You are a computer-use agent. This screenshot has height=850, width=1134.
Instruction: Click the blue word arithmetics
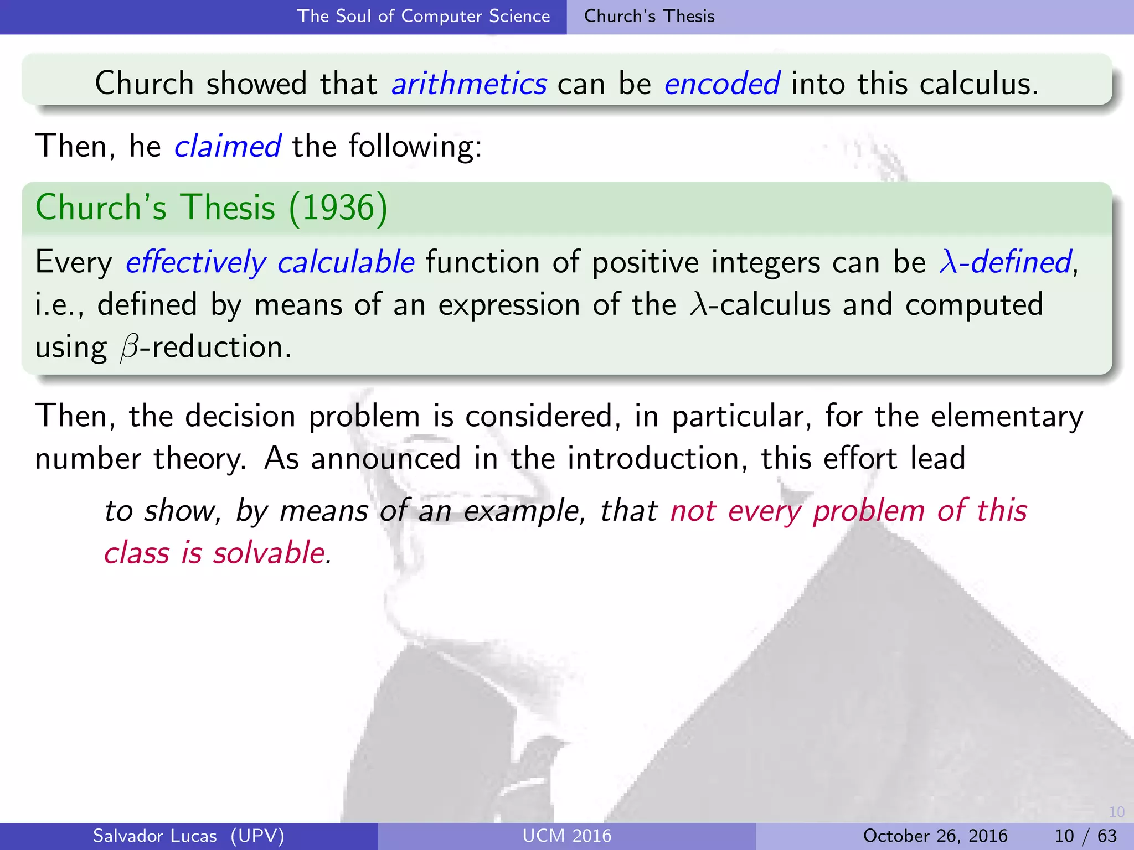coord(469,84)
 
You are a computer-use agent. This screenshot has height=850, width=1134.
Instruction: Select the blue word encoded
coord(722,84)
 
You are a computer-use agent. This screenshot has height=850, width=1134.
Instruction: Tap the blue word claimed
coord(228,147)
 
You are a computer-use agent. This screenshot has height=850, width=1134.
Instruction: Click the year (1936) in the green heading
coord(338,208)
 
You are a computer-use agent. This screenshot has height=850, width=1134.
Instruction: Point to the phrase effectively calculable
coord(270,262)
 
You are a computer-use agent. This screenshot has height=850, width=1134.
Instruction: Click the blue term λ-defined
coord(1005,262)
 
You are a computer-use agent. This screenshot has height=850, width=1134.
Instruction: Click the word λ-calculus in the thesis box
coord(760,305)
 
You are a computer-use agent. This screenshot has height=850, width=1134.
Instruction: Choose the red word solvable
coord(272,553)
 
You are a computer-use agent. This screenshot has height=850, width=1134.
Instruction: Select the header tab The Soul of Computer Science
coord(424,17)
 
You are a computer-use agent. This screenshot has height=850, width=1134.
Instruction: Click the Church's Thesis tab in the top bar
coord(649,17)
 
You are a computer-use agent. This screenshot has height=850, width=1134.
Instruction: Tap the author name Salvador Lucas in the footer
coord(154,836)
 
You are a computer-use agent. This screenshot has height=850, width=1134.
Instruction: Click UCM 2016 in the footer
coord(566,836)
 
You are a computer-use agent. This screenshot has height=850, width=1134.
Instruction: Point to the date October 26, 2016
coord(935,836)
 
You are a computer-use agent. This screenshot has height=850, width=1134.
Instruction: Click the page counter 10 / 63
coord(1085,836)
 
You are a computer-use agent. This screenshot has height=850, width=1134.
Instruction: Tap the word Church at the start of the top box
coord(144,84)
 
